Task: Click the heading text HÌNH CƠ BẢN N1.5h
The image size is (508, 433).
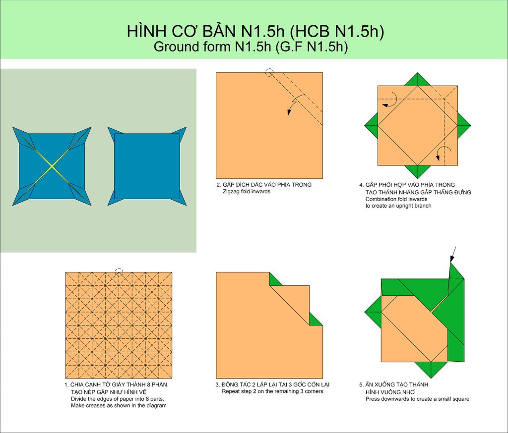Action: [x=205, y=31]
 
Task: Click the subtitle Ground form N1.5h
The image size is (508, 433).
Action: [x=212, y=47]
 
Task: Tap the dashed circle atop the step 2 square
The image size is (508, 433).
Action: [x=269, y=72]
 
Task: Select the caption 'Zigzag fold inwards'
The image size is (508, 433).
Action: [x=246, y=192]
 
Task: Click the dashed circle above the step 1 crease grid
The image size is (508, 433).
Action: [x=119, y=272]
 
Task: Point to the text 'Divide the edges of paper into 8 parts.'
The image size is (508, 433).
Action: [x=118, y=399]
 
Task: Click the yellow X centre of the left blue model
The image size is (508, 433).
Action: [x=52, y=166]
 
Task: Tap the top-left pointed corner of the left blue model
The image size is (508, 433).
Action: [x=13, y=127]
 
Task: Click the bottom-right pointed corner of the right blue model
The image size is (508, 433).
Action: [x=186, y=205]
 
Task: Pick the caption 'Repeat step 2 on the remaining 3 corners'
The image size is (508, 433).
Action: [x=272, y=391]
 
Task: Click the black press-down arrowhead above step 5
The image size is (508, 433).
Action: [x=452, y=258]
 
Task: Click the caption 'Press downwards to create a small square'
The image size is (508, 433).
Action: [x=417, y=399]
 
